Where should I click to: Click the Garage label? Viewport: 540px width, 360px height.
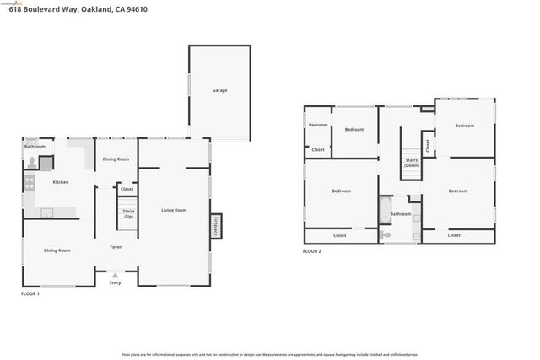[x=219, y=90]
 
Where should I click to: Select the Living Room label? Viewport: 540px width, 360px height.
[x=174, y=210]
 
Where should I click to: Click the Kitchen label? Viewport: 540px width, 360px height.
[x=61, y=182]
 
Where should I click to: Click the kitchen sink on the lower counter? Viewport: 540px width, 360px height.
[x=46, y=212]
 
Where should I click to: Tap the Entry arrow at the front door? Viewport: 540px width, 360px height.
[x=115, y=275]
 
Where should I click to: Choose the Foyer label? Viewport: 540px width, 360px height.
[x=116, y=247]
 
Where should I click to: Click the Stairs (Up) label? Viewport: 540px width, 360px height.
[x=128, y=213]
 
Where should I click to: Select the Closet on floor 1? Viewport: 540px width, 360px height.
[x=127, y=189]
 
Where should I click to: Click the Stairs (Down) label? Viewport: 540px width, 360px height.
[x=412, y=162]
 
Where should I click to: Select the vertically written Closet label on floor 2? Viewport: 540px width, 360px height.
[x=428, y=145]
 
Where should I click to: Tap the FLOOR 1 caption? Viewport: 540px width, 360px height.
[x=30, y=293]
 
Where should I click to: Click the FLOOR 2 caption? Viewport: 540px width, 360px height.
[x=312, y=251]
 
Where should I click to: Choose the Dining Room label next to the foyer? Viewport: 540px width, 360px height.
[x=57, y=250]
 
